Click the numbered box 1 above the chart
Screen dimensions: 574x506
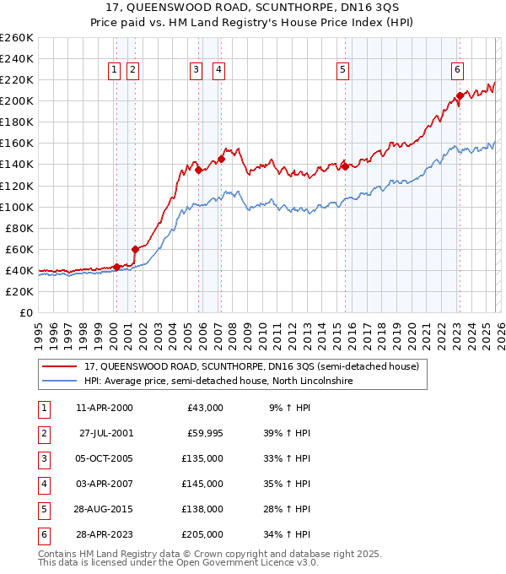[x=114, y=70]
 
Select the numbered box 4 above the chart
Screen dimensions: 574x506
[x=218, y=70]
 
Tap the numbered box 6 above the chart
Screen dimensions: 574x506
[x=456, y=70]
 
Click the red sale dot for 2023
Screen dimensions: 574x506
[x=460, y=95]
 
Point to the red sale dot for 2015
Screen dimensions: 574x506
[x=345, y=166]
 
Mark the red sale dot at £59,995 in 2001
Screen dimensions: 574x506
[x=135, y=249]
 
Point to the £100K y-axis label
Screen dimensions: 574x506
[x=16, y=207]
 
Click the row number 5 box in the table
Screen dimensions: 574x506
[x=42, y=509]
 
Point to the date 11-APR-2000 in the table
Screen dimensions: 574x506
[x=105, y=408]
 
